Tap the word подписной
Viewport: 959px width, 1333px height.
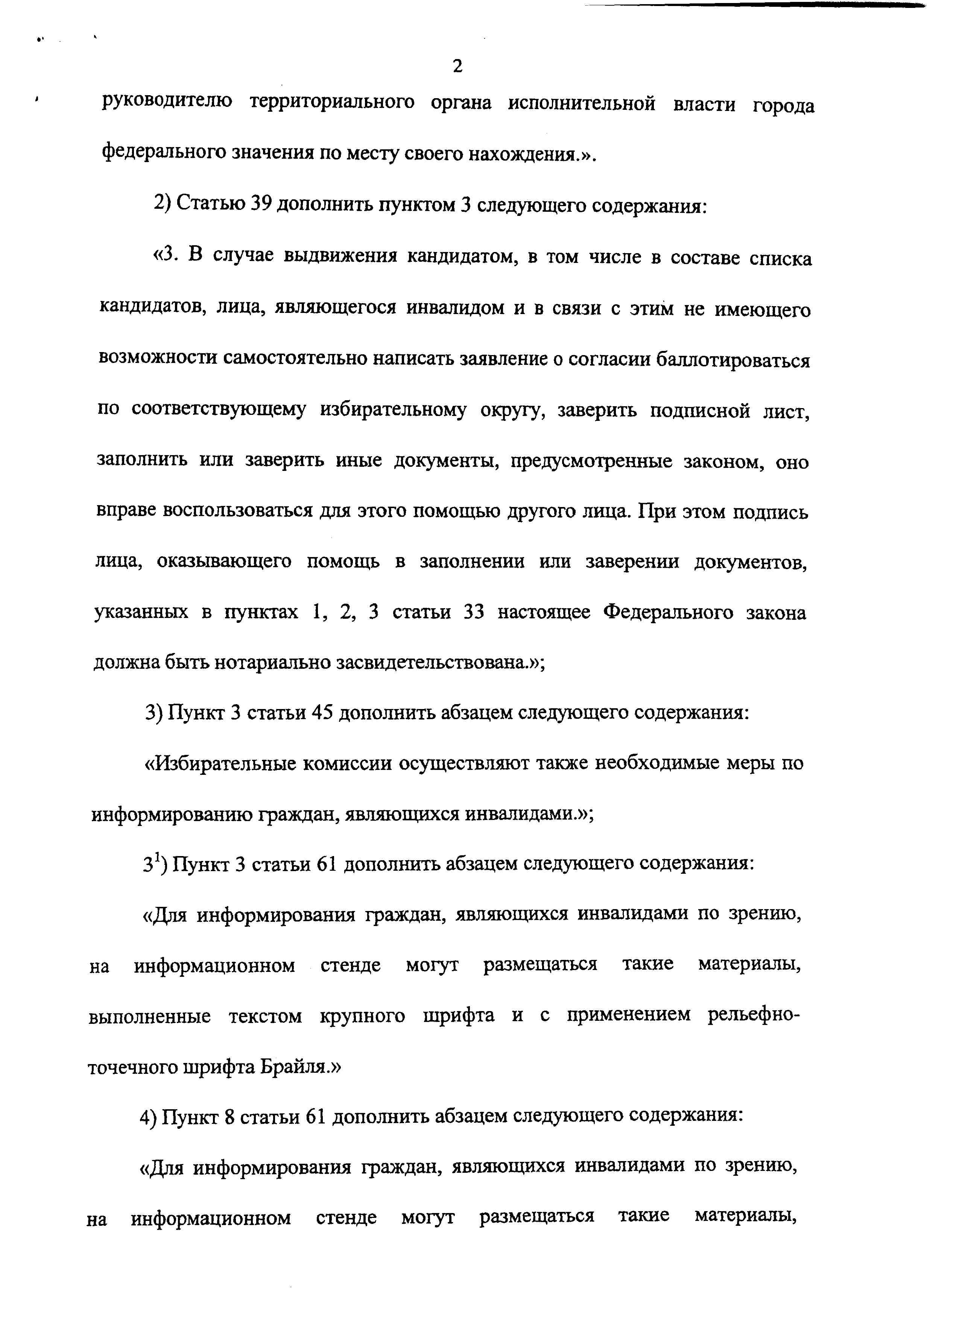click(700, 410)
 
